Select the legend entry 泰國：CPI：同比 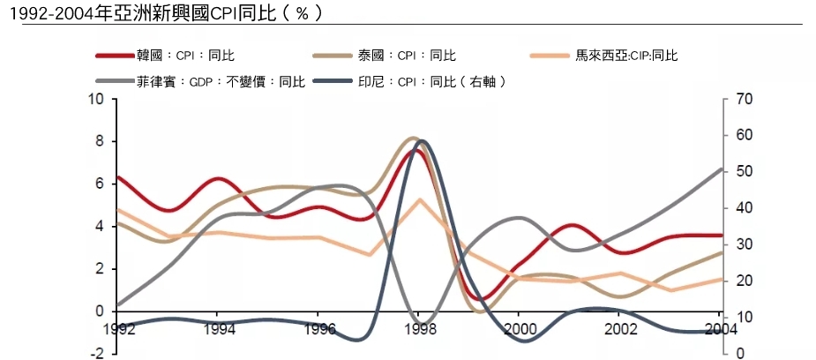(x=419, y=55)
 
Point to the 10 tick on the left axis (x=98, y=99)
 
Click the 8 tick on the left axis (x=101, y=141)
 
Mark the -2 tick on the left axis (x=98, y=353)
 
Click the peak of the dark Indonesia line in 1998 (x=422, y=140)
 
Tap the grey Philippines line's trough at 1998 (x=422, y=326)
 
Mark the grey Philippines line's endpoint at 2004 (x=722, y=169)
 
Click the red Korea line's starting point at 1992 (x=117, y=177)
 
